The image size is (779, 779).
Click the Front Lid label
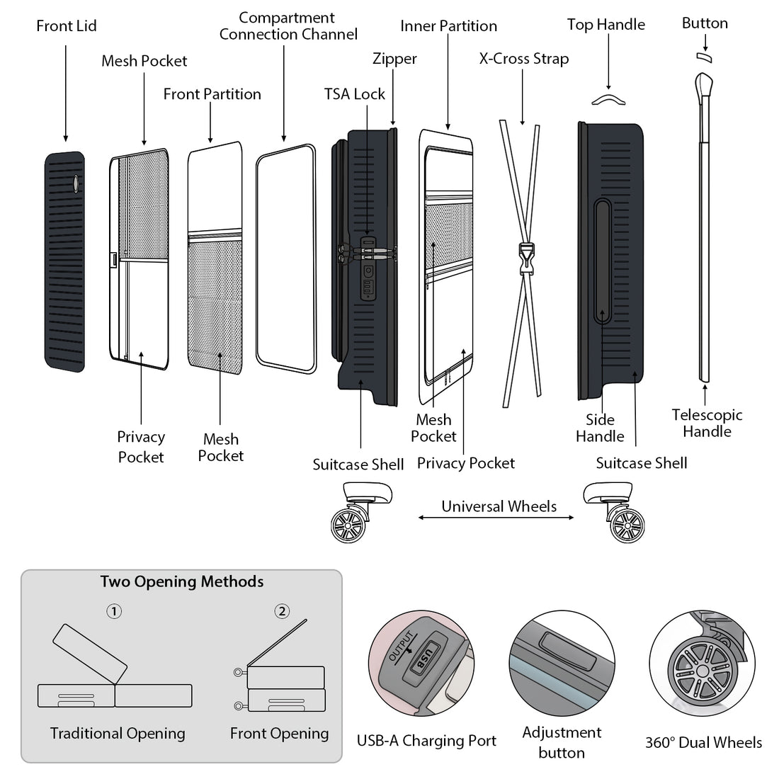pyautogui.click(x=67, y=26)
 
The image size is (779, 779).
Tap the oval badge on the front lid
pyautogui.click(x=75, y=183)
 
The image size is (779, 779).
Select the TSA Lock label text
pyautogui.click(x=355, y=94)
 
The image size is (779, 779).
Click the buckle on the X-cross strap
pyautogui.click(x=525, y=259)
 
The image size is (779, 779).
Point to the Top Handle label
pyautogui.click(x=606, y=25)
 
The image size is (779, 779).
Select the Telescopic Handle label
pyautogui.click(x=707, y=423)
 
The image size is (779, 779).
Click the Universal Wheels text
pyautogui.click(x=499, y=506)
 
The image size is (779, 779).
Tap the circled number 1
pyautogui.click(x=114, y=610)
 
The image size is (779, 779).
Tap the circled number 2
pyautogui.click(x=282, y=610)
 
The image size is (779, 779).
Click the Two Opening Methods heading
pyautogui.click(x=182, y=582)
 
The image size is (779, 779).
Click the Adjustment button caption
pyautogui.click(x=562, y=742)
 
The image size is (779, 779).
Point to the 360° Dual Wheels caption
pyautogui.click(x=703, y=742)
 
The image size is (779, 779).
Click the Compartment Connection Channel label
pyautogui.click(x=288, y=26)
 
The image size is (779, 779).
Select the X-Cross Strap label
pyautogui.click(x=523, y=59)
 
